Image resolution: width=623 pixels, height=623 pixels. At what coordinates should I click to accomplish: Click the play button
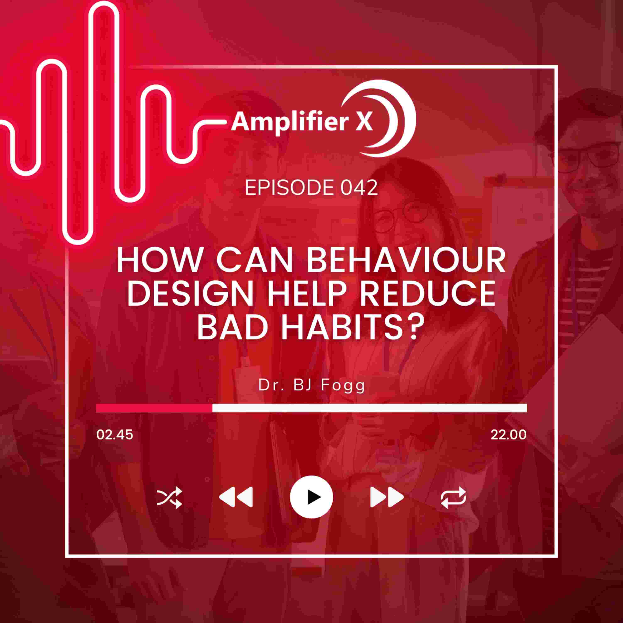click(x=311, y=497)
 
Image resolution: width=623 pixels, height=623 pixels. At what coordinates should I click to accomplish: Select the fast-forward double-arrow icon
click(x=387, y=497)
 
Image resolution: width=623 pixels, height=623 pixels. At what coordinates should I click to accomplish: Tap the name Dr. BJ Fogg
click(x=311, y=386)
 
